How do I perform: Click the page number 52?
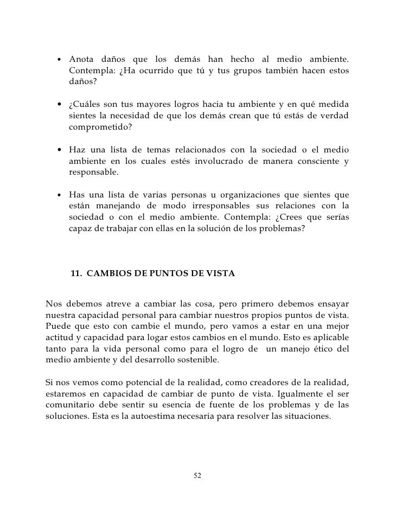pyautogui.click(x=197, y=476)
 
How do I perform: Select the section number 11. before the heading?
pyautogui.click(x=77, y=274)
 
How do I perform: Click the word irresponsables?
pyautogui.click(x=209, y=207)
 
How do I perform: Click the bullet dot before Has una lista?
pyautogui.click(x=58, y=195)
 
